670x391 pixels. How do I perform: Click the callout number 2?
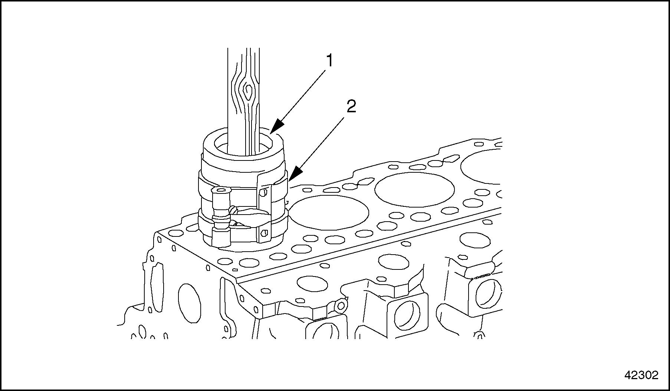(351, 107)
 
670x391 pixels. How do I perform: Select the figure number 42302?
(641, 375)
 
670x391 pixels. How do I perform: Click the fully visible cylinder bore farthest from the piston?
(414, 189)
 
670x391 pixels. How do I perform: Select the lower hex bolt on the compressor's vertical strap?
(264, 233)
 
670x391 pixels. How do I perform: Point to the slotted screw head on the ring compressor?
(233, 210)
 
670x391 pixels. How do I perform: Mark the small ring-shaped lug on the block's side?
(341, 305)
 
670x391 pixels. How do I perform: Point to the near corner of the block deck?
(236, 279)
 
